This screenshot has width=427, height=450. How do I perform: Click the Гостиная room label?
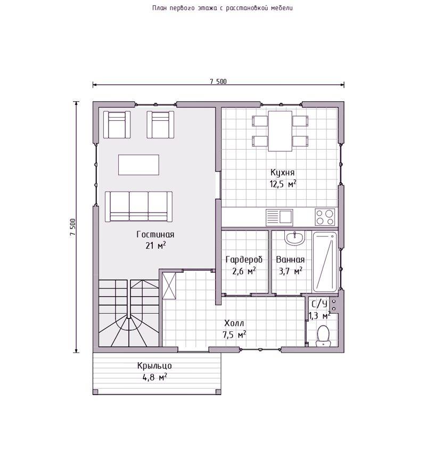coord(155,234)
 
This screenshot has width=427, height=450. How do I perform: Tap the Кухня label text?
coord(283,173)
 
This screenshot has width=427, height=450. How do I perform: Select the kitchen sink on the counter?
coord(279,217)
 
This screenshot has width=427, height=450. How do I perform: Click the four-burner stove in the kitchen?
coord(325,217)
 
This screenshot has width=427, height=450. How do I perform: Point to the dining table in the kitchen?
coord(280,131)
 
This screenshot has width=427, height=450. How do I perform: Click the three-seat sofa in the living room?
coord(138,207)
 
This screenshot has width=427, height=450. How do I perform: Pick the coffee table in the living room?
coord(138,165)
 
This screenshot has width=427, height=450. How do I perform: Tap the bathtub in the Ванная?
coord(325,261)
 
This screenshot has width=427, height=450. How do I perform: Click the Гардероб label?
coord(244,259)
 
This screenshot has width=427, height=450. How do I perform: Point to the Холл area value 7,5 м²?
coord(234,334)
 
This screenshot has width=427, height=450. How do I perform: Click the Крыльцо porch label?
coord(154,366)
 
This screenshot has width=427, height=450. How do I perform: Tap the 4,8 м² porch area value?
coord(155,377)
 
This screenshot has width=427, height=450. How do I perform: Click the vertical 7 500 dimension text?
coord(72,227)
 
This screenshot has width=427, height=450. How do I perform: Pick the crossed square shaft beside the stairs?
coord(169,285)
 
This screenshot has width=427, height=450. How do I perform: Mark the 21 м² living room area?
coord(155,246)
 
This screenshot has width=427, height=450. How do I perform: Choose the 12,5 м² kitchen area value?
coord(283,184)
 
